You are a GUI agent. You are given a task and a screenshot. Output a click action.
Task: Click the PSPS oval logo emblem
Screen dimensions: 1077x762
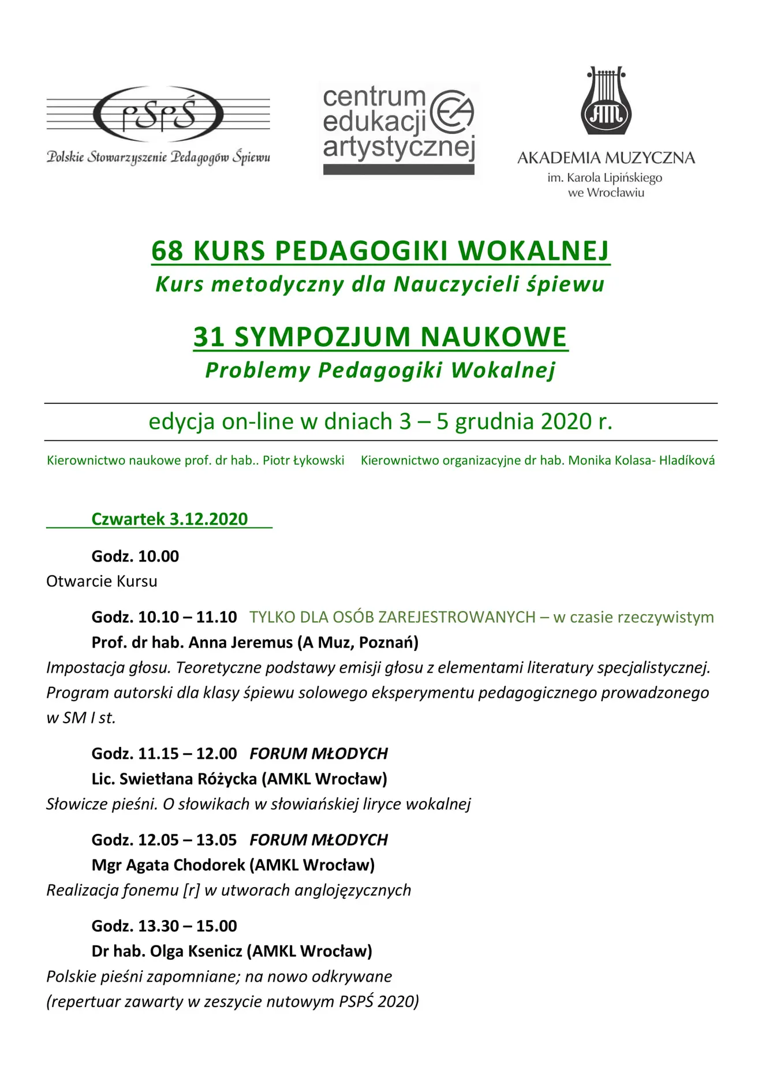coord(158,115)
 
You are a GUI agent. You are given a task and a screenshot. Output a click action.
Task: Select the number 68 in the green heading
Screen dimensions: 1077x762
coord(167,250)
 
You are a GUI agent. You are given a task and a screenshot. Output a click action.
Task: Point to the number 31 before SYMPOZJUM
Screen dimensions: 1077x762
coord(209,337)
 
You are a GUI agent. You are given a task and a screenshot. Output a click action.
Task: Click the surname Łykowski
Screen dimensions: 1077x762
coord(316,461)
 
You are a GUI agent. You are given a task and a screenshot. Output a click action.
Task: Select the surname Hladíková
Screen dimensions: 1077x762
coord(686,461)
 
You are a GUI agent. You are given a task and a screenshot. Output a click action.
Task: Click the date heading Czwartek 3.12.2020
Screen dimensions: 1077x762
coord(169,519)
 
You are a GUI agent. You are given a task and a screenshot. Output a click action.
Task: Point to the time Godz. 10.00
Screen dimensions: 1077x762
coord(135,556)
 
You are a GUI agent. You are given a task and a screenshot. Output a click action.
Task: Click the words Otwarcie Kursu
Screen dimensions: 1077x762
coord(102,581)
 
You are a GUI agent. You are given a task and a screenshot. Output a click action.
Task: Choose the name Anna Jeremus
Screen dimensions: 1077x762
coord(241,642)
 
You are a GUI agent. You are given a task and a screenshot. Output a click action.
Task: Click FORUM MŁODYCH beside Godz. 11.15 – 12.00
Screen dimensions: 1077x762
coord(318,754)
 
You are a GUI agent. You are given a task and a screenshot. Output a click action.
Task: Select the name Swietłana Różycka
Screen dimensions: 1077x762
coord(188,779)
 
